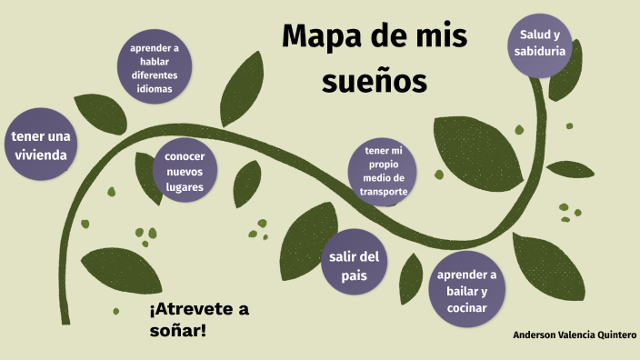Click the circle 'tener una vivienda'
40,145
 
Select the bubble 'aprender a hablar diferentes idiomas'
155,68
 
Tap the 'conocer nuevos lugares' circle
185,171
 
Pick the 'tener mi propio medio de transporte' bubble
383,170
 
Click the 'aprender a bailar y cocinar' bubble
467,291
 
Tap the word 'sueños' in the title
373,82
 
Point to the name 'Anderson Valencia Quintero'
575,334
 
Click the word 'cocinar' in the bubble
467,307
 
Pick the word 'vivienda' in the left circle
40,155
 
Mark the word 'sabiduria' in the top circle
540,52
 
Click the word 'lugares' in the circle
185,186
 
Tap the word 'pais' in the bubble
354,275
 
